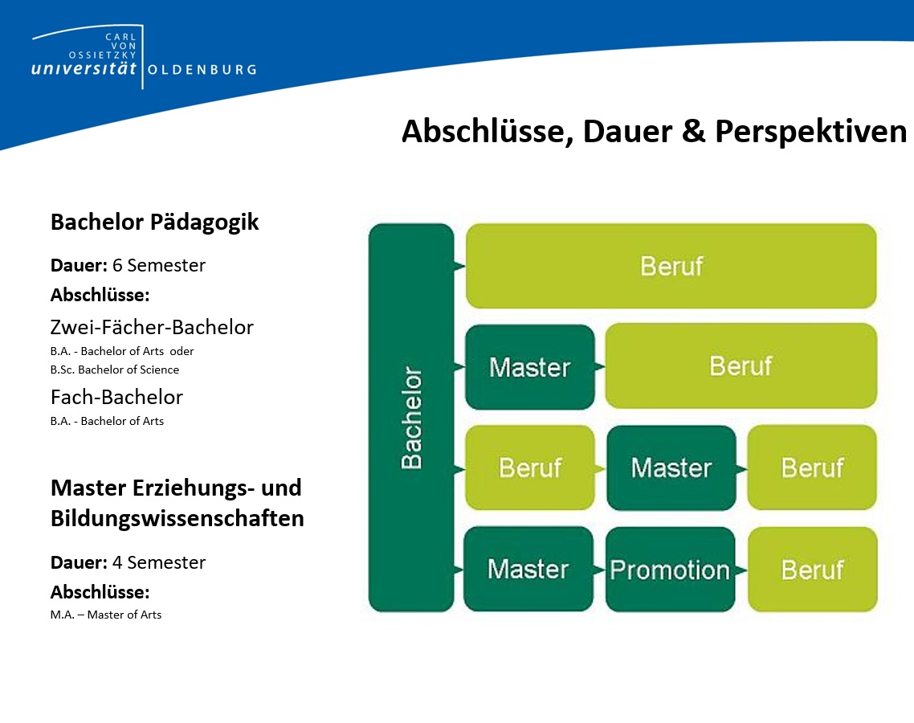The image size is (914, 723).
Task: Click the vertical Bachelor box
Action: coord(411,418)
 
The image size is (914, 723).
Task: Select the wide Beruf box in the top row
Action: coord(671,266)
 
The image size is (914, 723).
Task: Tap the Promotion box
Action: coord(671,570)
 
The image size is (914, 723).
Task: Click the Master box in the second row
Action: coord(530,367)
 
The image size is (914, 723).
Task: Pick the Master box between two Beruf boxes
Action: coord(671,468)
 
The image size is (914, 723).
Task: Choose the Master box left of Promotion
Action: coord(528,569)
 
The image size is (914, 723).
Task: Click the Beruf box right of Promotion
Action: coord(813,570)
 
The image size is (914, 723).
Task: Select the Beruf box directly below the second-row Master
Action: coord(530,468)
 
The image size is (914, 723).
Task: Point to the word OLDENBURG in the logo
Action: coord(202,70)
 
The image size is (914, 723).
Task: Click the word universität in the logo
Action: coord(84,68)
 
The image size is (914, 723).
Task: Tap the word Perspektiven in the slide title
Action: coord(811,132)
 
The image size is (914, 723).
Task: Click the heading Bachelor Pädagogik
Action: coord(154,223)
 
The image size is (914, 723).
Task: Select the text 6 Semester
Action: coord(158,265)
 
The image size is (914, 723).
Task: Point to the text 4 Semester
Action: coord(158,562)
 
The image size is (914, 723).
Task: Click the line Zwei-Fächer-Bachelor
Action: coord(152,327)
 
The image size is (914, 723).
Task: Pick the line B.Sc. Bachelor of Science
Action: coord(115,370)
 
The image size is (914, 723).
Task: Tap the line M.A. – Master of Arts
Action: coord(106,615)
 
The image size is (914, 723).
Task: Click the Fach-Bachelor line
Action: coord(116,397)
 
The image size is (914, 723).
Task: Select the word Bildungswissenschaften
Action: coord(177,518)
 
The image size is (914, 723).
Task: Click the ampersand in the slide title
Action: coord(693,131)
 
